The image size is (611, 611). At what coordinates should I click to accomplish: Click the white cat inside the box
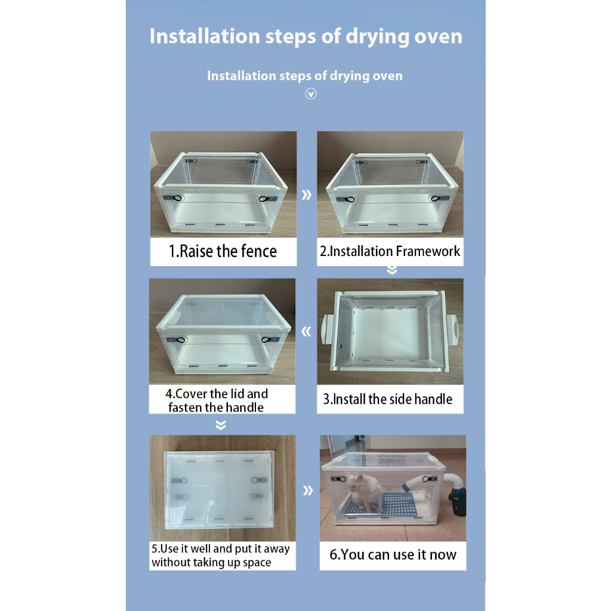pos(365,492)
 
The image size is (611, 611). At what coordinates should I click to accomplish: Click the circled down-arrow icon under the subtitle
pos(311,94)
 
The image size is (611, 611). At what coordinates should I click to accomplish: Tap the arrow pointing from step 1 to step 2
pos(307,195)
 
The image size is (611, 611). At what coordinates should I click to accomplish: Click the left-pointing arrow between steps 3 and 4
pos(306,332)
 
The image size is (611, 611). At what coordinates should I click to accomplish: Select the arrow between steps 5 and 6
pos(308,490)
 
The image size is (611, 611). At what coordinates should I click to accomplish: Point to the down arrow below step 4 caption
pos(221,425)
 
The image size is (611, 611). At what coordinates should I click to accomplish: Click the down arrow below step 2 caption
pos(392,270)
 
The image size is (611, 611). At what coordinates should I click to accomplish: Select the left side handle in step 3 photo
pos(327,329)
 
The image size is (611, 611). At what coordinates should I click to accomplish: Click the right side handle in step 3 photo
pos(452,329)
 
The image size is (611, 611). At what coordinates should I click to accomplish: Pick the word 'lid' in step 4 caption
pos(237,394)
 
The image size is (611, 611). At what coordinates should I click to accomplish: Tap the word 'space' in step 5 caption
pos(257,563)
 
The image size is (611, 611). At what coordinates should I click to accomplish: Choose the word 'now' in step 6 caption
pos(443,555)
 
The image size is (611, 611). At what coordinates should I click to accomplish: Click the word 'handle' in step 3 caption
pos(433,399)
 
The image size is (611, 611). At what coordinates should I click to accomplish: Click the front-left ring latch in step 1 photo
pos(178,198)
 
